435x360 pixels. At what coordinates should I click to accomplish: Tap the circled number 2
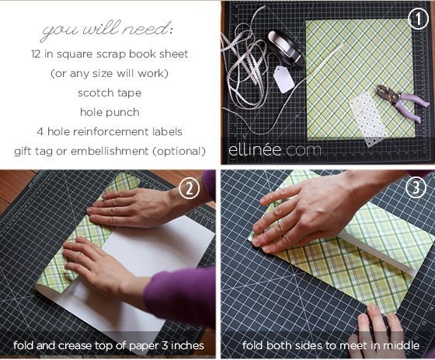click(x=190, y=189)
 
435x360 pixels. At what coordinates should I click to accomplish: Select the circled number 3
click(x=416, y=188)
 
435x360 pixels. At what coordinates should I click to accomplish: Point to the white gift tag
click(x=284, y=79)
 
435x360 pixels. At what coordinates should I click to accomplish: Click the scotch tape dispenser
click(x=286, y=48)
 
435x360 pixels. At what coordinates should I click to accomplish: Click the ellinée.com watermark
click(x=274, y=150)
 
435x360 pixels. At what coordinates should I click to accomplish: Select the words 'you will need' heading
click(x=107, y=30)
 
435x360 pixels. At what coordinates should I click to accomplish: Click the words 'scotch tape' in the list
click(x=110, y=93)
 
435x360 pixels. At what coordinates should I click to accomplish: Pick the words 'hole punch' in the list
click(x=110, y=113)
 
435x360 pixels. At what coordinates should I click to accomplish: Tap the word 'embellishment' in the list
click(x=110, y=151)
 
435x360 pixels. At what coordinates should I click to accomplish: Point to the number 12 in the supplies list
click(x=36, y=54)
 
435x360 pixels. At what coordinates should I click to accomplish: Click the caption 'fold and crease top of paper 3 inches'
click(x=109, y=346)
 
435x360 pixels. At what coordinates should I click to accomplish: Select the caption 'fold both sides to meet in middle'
click(x=331, y=345)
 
